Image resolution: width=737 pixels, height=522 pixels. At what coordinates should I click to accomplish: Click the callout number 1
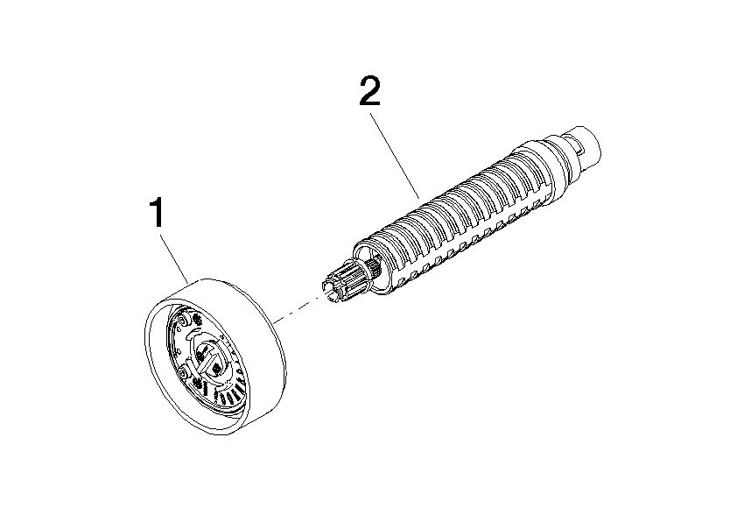coord(157,213)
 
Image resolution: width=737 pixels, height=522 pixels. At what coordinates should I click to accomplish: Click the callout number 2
coord(370,91)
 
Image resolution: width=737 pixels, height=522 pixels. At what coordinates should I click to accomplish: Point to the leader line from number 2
coord(396,155)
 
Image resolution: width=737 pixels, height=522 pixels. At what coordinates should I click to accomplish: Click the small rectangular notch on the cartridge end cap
coord(580,150)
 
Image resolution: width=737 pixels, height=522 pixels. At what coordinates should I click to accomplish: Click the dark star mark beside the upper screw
coord(196,321)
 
